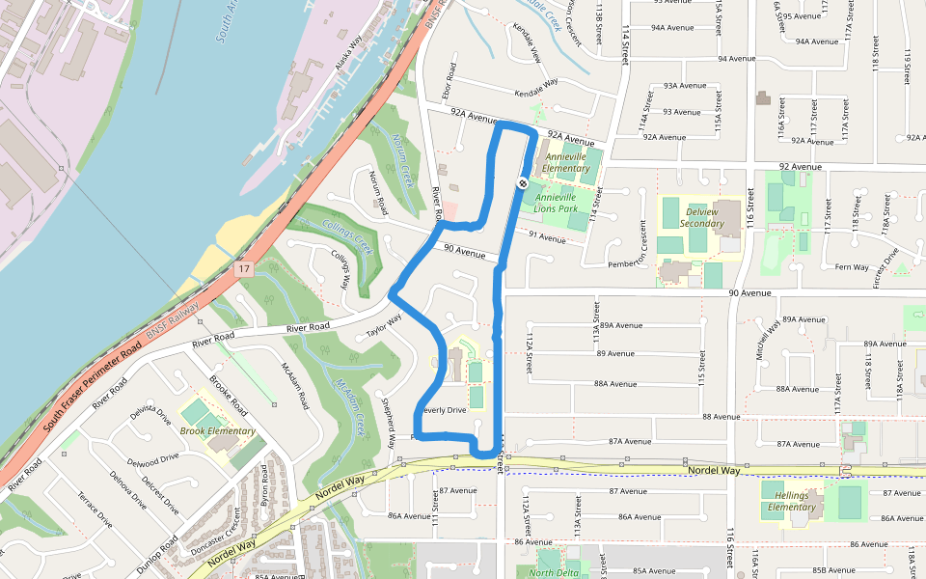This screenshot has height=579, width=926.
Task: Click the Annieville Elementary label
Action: [x=567, y=162]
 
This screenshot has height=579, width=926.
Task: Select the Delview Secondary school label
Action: [x=701, y=217]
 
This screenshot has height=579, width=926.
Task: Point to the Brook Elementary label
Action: [x=218, y=431]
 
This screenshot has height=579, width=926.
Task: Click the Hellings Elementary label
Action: [x=789, y=500]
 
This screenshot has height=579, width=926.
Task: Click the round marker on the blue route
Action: [x=521, y=182]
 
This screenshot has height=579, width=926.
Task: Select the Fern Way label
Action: [x=852, y=267]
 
